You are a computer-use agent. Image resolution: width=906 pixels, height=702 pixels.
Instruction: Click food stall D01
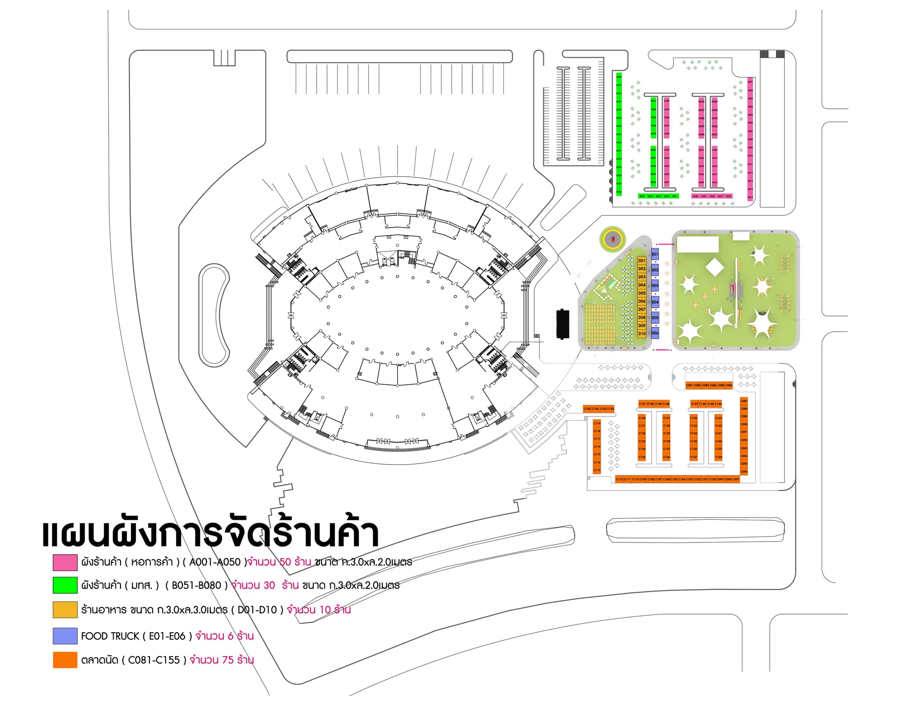click(641, 261)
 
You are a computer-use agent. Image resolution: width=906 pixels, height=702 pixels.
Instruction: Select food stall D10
click(641, 334)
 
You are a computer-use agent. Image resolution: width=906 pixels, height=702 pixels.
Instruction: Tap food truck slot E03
click(655, 286)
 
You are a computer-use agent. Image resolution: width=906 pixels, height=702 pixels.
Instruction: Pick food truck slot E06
click(655, 333)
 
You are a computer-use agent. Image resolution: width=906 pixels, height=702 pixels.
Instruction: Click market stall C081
click(689, 385)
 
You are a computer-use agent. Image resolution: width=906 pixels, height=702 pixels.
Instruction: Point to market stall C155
click(587, 409)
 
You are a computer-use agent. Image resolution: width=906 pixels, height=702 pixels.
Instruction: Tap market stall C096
click(744, 471)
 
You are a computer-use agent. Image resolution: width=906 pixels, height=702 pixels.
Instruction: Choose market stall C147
click(694, 403)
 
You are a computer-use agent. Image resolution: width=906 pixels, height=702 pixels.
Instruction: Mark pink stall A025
click(714, 102)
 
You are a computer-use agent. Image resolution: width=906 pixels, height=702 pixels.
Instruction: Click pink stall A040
click(695, 196)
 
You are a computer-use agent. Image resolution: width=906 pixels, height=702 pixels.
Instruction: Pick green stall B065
click(642, 196)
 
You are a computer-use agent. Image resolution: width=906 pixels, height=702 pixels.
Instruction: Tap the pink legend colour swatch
click(65, 562)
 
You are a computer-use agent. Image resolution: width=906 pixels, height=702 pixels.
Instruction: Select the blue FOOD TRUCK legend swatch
click(65, 636)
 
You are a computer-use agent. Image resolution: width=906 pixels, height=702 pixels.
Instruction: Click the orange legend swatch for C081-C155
click(65, 660)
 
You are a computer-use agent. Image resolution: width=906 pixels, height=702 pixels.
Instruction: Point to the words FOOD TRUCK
click(110, 636)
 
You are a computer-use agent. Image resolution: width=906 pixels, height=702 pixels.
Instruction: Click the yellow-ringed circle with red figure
click(613, 238)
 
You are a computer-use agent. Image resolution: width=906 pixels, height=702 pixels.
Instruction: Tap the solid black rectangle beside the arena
click(562, 324)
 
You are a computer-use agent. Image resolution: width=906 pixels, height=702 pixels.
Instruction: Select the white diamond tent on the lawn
click(715, 267)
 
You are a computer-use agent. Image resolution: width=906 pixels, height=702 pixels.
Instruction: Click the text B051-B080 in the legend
click(196, 586)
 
